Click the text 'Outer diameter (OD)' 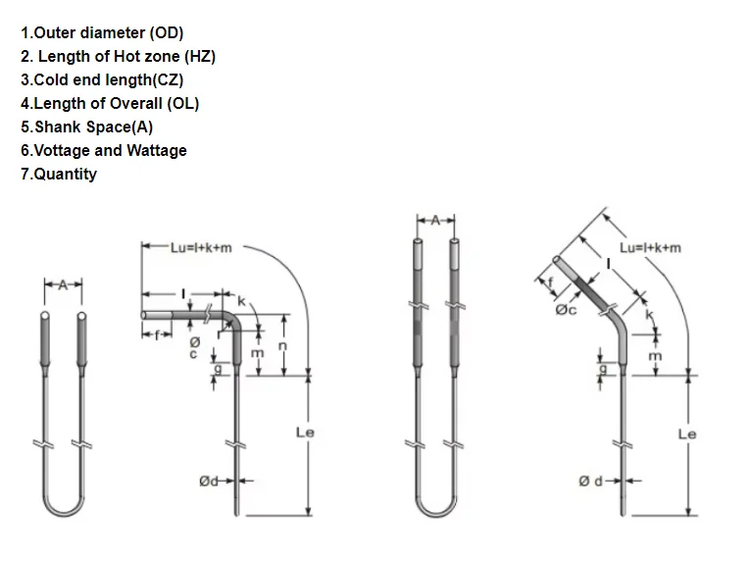(x=108, y=32)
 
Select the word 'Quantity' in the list (x=65, y=174)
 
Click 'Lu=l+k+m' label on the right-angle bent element (x=201, y=248)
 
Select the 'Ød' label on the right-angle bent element (x=209, y=481)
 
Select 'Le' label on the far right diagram (x=687, y=433)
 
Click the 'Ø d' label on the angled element (x=587, y=481)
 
